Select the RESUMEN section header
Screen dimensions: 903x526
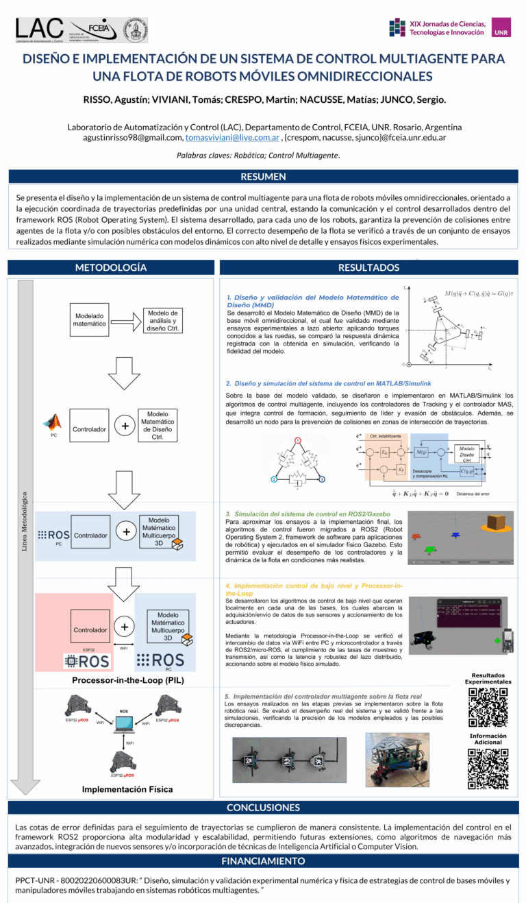tap(263, 177)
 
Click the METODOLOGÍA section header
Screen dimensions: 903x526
tap(110, 267)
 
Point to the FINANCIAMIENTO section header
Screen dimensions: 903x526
tap(263, 860)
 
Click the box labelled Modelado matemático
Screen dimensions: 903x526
tap(90, 319)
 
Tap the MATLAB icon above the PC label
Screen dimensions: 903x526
tap(53, 421)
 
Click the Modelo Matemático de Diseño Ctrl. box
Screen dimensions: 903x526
tap(158, 426)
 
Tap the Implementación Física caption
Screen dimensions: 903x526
tap(127, 789)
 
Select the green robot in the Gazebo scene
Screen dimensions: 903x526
tap(429, 549)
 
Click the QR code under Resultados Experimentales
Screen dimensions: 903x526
tap(488, 707)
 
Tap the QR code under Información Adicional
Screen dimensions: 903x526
tap(488, 768)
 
